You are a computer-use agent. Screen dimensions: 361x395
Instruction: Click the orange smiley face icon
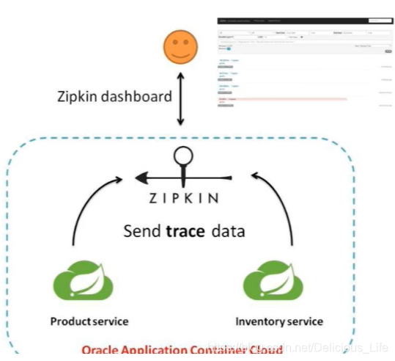click(x=180, y=48)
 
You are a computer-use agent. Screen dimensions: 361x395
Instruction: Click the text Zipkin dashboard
click(x=114, y=96)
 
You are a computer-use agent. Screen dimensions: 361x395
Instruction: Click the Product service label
click(x=89, y=321)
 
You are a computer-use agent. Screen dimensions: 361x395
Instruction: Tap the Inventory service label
click(x=278, y=321)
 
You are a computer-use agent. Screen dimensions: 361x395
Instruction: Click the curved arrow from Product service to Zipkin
click(x=92, y=205)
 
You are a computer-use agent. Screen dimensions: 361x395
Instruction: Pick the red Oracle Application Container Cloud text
click(x=182, y=351)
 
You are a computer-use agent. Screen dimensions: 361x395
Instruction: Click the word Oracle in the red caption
click(x=100, y=351)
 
